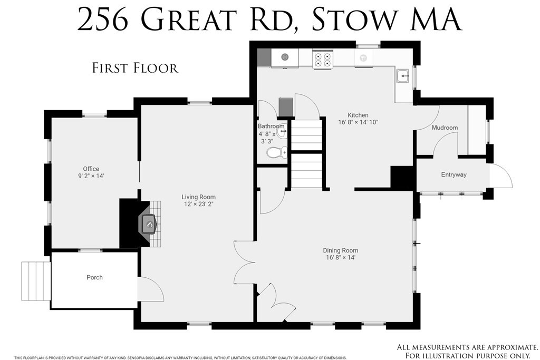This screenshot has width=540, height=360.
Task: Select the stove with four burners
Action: (x=322, y=58)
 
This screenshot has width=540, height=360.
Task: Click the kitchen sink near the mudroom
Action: (x=404, y=76)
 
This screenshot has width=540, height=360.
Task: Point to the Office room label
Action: (x=91, y=169)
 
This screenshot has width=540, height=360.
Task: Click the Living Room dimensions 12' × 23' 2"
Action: (x=198, y=204)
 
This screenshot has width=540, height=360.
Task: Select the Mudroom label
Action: (x=445, y=128)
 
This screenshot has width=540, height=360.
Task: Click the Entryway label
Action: (x=454, y=175)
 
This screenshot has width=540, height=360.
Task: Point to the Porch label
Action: (x=94, y=277)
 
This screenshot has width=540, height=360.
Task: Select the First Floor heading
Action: (x=135, y=67)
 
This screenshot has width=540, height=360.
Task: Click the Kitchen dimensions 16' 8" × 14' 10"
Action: (x=358, y=122)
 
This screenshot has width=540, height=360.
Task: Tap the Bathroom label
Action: (x=271, y=127)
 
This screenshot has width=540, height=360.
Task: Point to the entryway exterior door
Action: (x=502, y=177)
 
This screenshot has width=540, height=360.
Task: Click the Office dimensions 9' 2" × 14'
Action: (x=91, y=176)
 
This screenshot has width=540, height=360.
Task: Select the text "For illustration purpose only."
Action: (x=467, y=356)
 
